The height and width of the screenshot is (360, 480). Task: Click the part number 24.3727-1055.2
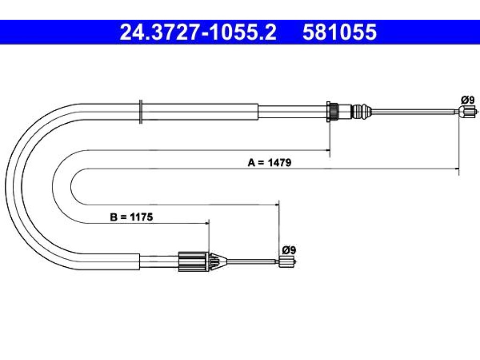198,32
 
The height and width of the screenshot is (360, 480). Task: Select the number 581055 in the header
339,32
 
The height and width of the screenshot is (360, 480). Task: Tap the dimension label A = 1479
270,162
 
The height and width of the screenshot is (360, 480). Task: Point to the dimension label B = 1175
131,217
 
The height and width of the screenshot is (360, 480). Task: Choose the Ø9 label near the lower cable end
289,250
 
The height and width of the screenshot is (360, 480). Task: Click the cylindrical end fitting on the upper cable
467,112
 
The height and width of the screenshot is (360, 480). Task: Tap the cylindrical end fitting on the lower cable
287,262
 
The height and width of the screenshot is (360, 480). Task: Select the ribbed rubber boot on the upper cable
362,112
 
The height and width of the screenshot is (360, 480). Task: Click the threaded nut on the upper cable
332,112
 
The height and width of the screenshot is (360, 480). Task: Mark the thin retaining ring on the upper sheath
141,112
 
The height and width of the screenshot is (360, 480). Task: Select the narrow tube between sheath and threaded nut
292,112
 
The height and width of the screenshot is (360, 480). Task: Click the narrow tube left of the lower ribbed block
159,262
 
